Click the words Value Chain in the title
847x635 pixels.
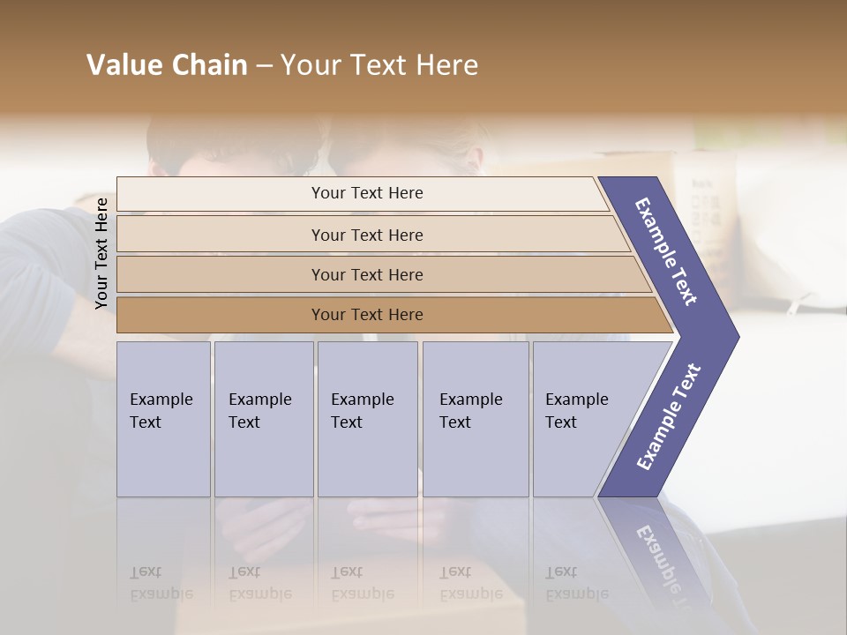(x=167, y=65)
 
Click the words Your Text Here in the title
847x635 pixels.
(x=379, y=65)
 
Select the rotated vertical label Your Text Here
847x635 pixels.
(x=101, y=253)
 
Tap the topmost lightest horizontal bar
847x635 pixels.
(x=367, y=193)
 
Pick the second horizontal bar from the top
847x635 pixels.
(x=367, y=235)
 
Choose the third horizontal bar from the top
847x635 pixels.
(x=367, y=274)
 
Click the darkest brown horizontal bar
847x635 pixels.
(x=367, y=314)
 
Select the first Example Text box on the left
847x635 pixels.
(x=163, y=419)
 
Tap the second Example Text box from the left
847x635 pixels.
(x=263, y=419)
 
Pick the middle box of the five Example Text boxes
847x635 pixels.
(x=367, y=419)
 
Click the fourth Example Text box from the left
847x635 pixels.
(x=476, y=419)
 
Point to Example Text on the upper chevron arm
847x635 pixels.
(x=666, y=251)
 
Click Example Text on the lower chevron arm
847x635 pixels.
(x=668, y=417)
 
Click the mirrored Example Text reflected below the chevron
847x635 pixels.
(x=663, y=564)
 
